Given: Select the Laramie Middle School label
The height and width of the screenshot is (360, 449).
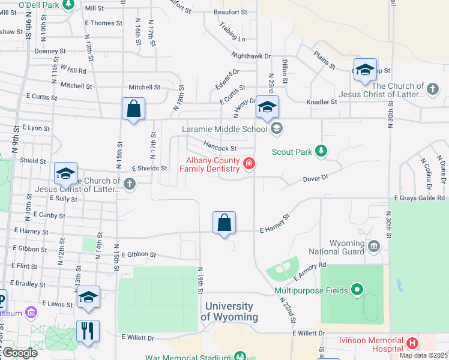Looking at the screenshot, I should tap(224, 129).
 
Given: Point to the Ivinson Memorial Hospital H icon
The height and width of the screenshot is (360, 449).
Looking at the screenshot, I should tap(412, 343).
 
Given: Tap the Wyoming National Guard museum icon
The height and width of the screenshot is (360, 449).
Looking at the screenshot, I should tap(374, 245).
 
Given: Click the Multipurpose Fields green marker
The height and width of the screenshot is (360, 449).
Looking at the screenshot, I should tap(357, 290).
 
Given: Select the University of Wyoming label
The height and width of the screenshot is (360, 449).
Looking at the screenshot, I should tap(229, 311).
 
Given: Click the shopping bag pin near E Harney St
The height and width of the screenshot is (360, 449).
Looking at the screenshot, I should tap(224, 223).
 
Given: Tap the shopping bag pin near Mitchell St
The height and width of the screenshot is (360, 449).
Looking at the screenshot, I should tap(133, 109).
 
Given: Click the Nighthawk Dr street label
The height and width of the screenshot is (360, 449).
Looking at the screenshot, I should tap(252, 56).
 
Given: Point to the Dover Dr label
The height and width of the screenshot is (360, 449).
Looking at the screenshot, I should tap(315, 178).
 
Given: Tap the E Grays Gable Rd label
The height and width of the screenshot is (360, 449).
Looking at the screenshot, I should tap(420, 198).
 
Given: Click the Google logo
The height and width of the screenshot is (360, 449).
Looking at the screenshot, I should tap(19, 353).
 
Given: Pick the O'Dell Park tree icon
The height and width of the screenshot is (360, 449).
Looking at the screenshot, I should tap(68, 5).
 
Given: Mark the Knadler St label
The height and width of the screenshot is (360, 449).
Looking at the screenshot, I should tap(322, 102).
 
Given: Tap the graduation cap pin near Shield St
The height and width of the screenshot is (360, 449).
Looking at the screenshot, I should tap(65, 173).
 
